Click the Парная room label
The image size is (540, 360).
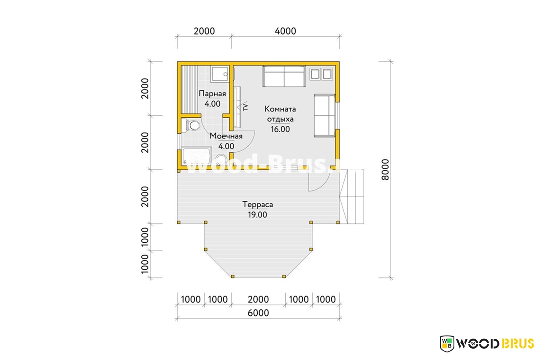[x=212, y=94]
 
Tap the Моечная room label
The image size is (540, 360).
[x=226, y=136]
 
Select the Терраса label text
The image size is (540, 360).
[x=257, y=204]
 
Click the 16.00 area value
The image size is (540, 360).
[x=280, y=129]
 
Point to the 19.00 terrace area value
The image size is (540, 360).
[x=257, y=214]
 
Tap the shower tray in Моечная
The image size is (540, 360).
[x=196, y=156]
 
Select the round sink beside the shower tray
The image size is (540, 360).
[x=221, y=160]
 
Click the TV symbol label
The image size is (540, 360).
[x=246, y=107]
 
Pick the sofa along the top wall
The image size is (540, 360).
[x=284, y=76]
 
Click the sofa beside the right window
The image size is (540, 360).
[x=324, y=116]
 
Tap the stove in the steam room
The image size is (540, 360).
[x=220, y=75]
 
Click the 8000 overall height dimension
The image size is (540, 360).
[x=385, y=170]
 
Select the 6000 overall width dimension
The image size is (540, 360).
[x=258, y=313]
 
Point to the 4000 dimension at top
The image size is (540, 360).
[x=285, y=31]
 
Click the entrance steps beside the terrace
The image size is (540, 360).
[x=351, y=197]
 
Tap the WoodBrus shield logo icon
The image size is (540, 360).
[x=447, y=344]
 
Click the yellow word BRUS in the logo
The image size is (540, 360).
[x=518, y=344]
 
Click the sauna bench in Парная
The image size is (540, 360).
[x=189, y=89]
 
